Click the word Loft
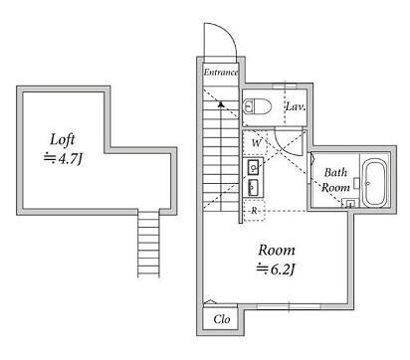[63, 139]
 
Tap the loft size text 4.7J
[70, 159]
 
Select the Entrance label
[221, 73]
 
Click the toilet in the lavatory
[257, 106]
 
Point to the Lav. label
[296, 106]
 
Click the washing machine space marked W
[255, 142]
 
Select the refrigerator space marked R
[255, 211]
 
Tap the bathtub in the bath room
[375, 183]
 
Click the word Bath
[335, 172]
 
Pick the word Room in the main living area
[277, 251]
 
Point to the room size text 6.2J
[283, 270]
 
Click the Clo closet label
[222, 319]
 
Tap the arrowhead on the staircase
[221, 104]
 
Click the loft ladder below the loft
[148, 244]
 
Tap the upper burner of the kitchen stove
[254, 167]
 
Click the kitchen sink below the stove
[254, 188]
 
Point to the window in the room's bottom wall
[289, 306]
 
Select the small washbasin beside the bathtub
[349, 203]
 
